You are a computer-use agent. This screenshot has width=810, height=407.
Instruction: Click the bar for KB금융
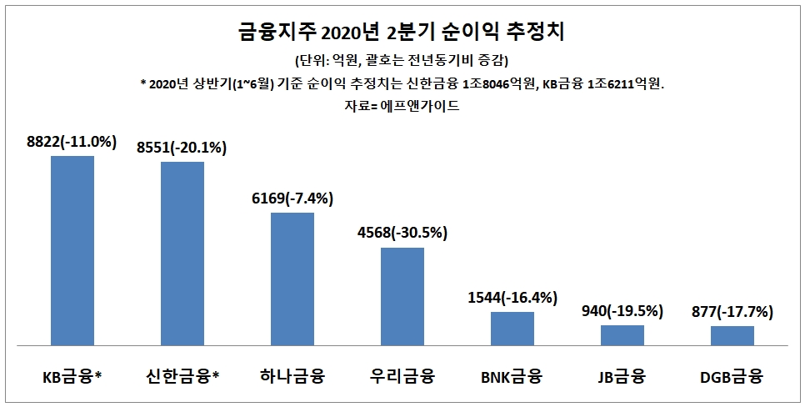tap(72, 250)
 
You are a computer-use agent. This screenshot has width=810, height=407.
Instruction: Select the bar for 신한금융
tap(182, 254)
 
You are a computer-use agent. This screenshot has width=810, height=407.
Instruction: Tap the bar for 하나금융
tap(292, 279)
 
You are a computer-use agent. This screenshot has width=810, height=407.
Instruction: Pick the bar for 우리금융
tap(402, 296)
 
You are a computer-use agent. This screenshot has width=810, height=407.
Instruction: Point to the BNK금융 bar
tap(512, 328)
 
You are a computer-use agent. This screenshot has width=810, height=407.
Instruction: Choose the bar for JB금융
tap(622, 334)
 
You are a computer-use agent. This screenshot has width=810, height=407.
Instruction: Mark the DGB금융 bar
tap(732, 335)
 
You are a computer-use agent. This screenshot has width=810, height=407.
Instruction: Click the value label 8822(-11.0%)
tap(72, 143)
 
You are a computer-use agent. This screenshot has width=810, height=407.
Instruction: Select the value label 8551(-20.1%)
tap(182, 148)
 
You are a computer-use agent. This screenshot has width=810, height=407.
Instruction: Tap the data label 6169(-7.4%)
tap(292, 198)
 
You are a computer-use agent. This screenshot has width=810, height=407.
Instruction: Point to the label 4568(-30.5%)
tap(402, 234)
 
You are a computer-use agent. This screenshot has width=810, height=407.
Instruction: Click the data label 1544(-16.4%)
tap(512, 298)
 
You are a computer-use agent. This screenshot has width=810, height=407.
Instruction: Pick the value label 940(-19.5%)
tap(622, 311)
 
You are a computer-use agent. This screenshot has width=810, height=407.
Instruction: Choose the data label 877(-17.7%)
tap(732, 313)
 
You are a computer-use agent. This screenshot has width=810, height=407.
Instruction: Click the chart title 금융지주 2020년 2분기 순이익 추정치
tap(402, 34)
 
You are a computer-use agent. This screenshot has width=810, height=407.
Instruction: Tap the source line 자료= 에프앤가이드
tap(402, 106)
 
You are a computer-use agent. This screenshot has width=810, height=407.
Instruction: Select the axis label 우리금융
tap(402, 376)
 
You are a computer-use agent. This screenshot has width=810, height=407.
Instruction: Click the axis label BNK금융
tap(512, 376)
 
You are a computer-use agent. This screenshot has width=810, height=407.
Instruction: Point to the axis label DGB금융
tap(732, 376)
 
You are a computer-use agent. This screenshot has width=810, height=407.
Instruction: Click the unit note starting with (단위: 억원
tap(402, 61)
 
